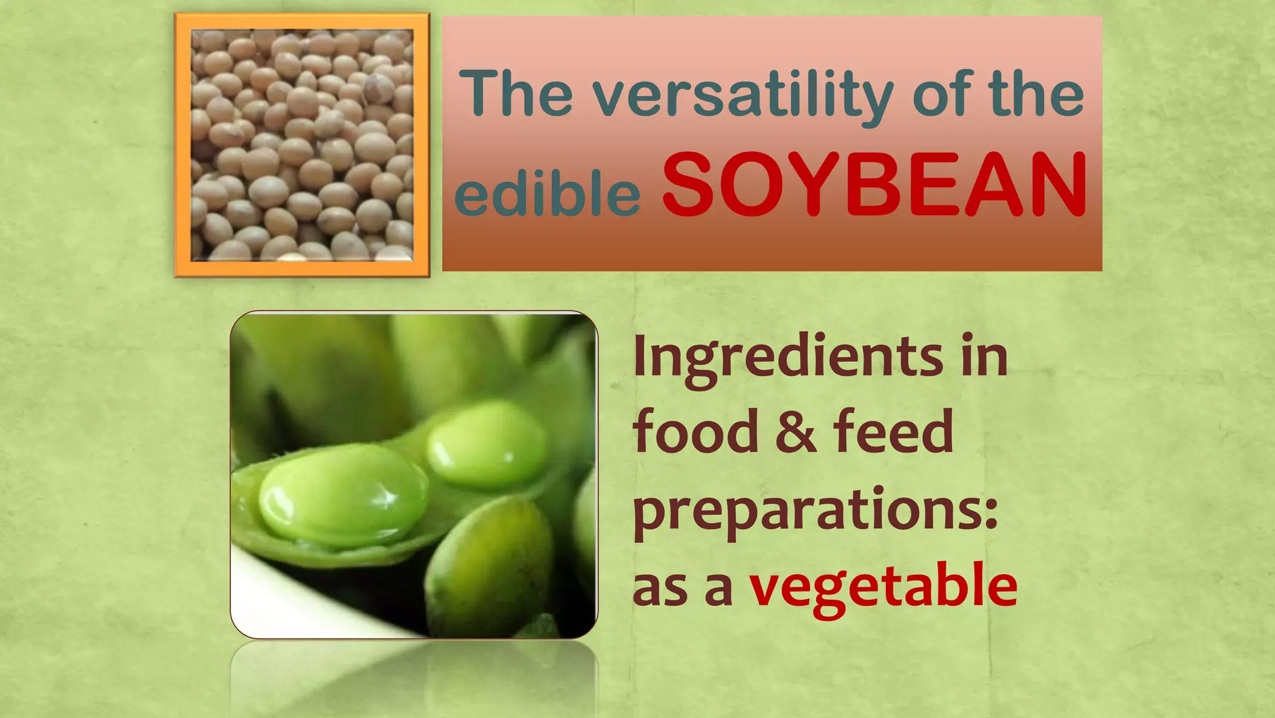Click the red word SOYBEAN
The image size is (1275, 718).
pos(875,185)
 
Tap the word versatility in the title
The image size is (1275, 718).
pos(743,95)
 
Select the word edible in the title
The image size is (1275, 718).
pos(547,193)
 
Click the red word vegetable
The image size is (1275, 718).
pos(883,586)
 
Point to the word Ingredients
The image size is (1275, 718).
pos(788,357)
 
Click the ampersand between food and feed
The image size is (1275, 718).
pos(795,432)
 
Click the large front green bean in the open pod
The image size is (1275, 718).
pos(343,495)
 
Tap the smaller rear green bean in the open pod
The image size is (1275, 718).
pos(486,443)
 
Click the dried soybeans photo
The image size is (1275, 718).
pos(302,144)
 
